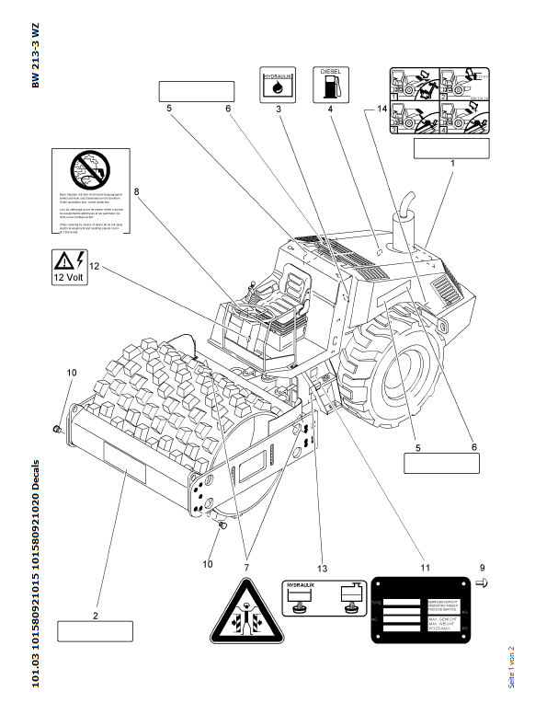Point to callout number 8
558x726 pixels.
(136, 192)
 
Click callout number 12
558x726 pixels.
(94, 268)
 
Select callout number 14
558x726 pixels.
(381, 109)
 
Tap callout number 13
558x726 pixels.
(322, 568)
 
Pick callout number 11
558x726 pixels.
(425, 568)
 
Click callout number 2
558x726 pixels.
(95, 614)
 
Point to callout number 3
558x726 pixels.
(278, 109)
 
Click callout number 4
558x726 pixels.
(330, 109)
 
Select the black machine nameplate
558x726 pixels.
(419, 610)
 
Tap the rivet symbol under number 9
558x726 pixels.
(484, 582)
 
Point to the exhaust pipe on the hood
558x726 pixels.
(402, 226)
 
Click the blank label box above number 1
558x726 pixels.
(450, 148)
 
